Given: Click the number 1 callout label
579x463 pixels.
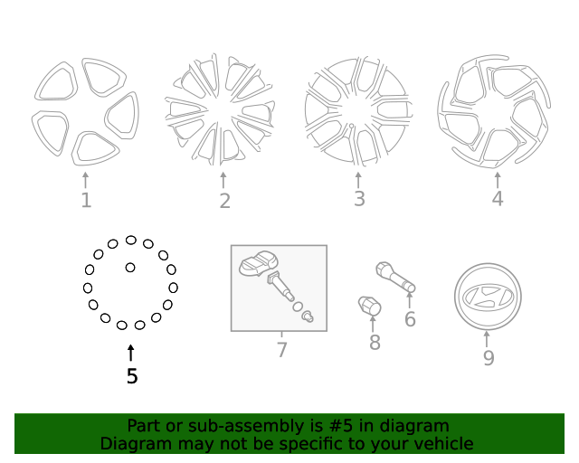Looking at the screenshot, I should pos(86,200).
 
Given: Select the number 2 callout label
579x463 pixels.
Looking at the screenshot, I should pos(224,202).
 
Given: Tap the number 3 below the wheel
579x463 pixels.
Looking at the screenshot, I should pos(359,199).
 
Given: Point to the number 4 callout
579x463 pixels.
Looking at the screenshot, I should pos(497,198).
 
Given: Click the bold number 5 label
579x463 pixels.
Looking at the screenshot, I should pos(132,376).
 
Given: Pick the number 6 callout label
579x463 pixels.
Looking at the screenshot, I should pos(410,319).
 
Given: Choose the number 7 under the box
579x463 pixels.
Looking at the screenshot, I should pos(281,350).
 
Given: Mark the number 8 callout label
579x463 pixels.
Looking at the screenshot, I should pos(375,343).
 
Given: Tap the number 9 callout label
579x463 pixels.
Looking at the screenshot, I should pos(488,358).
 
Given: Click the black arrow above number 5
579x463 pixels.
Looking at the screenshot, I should pos(131,353).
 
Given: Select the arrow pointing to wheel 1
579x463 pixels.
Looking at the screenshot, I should pos(86,179).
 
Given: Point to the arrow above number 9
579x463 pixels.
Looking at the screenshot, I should pos(488,339).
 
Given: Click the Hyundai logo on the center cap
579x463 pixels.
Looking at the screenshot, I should pos(487,297).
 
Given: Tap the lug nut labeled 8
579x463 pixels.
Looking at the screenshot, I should pos(370,306).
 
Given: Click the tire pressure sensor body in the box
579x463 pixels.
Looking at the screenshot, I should pos(258,266).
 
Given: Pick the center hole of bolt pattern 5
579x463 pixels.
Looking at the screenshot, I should pos(130,268).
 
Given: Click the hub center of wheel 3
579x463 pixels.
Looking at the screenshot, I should pos(357,114).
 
